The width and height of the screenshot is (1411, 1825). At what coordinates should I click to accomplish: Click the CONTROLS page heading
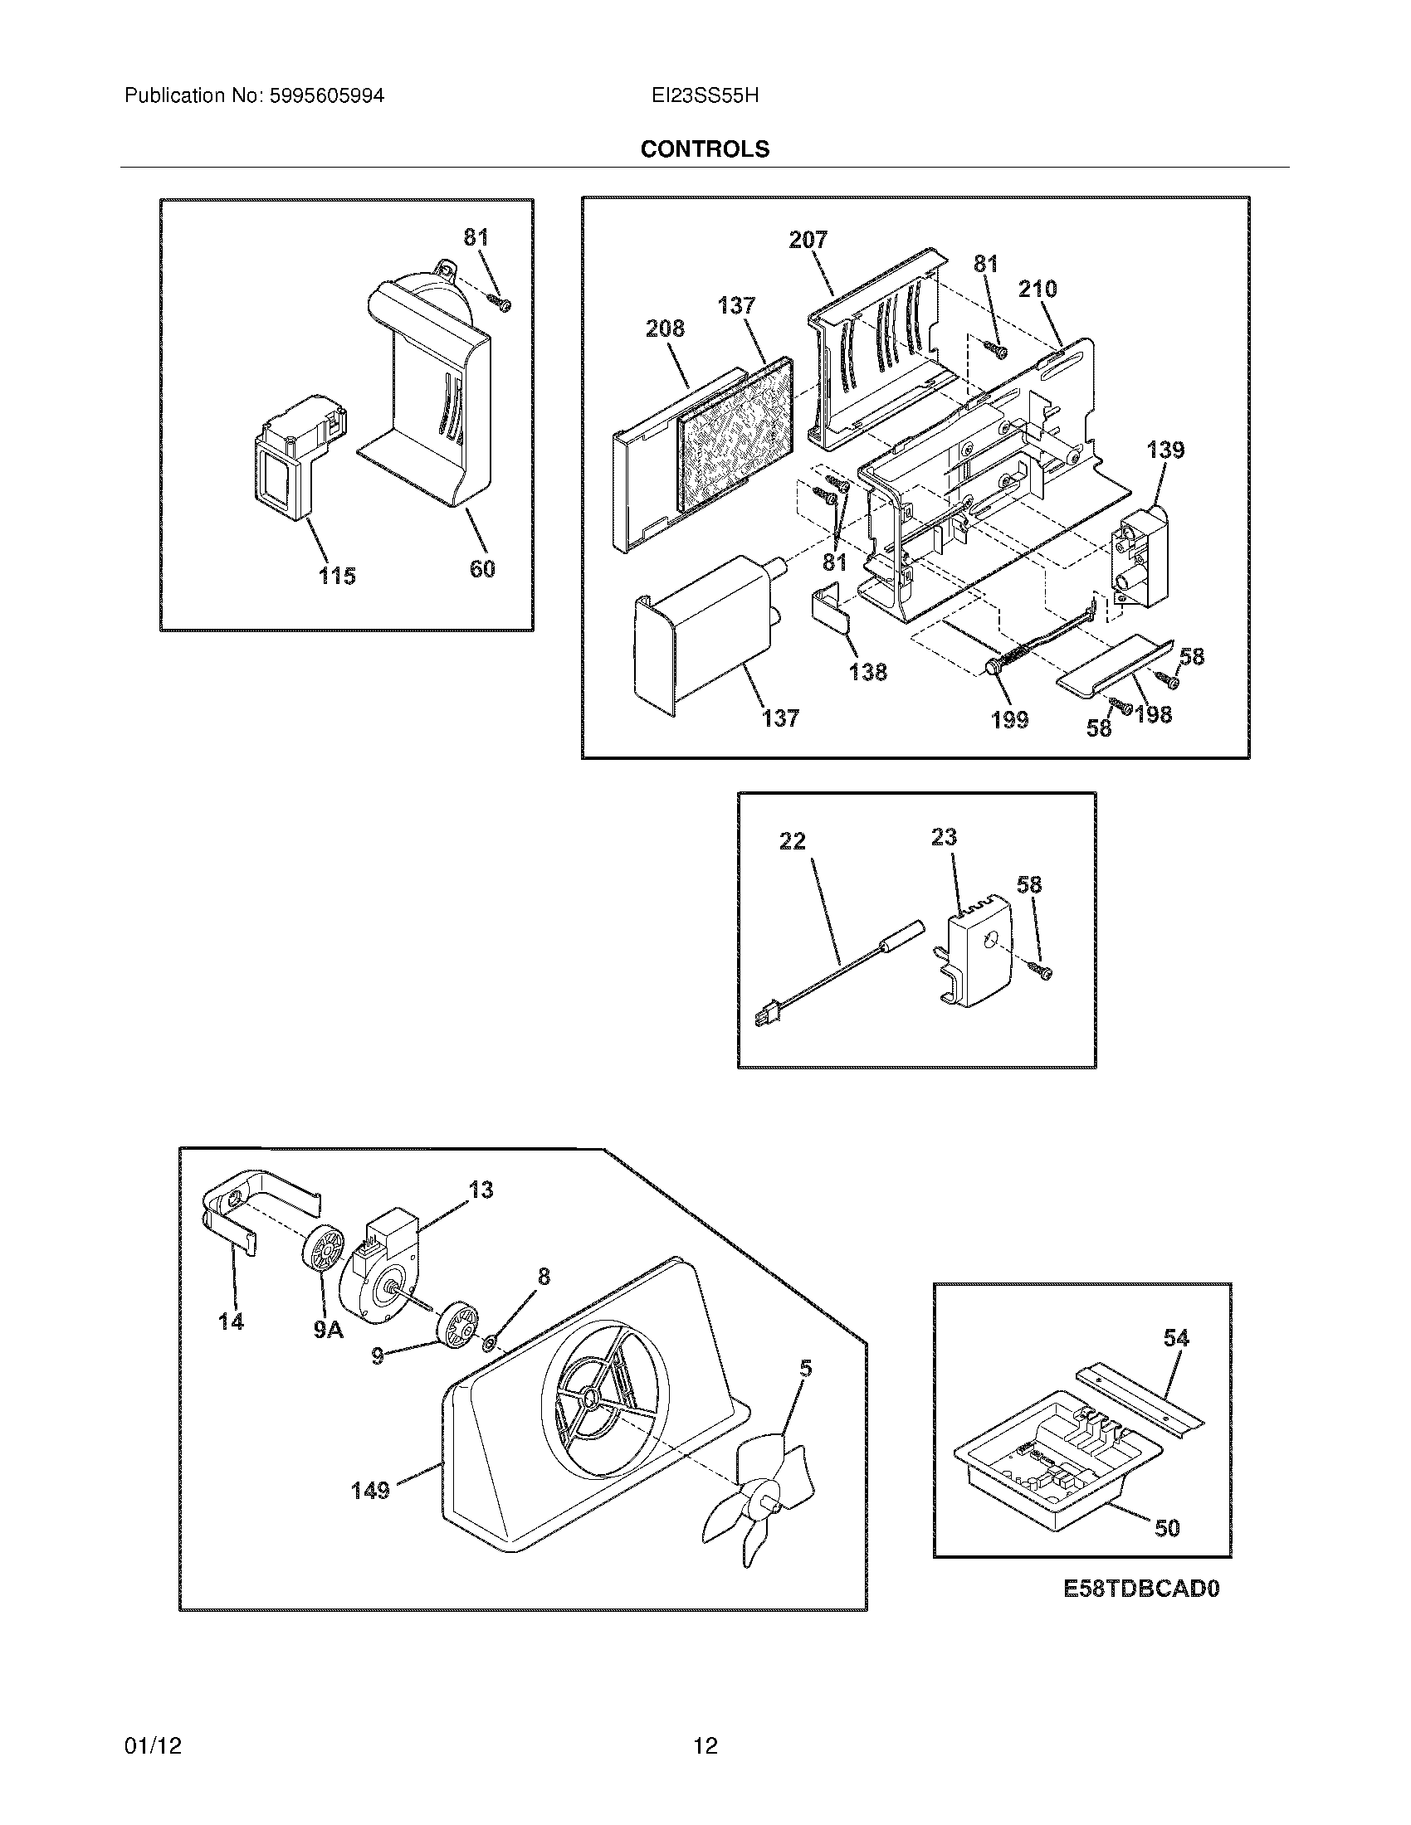point(705,149)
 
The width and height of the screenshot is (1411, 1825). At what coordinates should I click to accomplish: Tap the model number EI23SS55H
point(705,96)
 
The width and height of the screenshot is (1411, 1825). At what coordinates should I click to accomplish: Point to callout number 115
point(337,576)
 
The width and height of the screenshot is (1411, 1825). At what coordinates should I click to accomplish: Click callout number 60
point(482,569)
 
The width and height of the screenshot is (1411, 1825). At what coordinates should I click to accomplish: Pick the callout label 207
point(808,240)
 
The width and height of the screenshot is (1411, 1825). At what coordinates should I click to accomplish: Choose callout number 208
point(665,328)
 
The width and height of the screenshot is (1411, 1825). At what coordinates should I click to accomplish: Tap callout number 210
point(1037,290)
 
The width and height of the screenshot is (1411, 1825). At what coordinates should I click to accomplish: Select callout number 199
point(1009,719)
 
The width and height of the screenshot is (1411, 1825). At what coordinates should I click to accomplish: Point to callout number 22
point(792,840)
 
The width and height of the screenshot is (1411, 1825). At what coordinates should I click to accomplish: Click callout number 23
point(944,836)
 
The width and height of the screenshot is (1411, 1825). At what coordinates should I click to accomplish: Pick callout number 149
point(370,1490)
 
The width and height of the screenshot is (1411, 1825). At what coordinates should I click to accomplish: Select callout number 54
point(1175,1338)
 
